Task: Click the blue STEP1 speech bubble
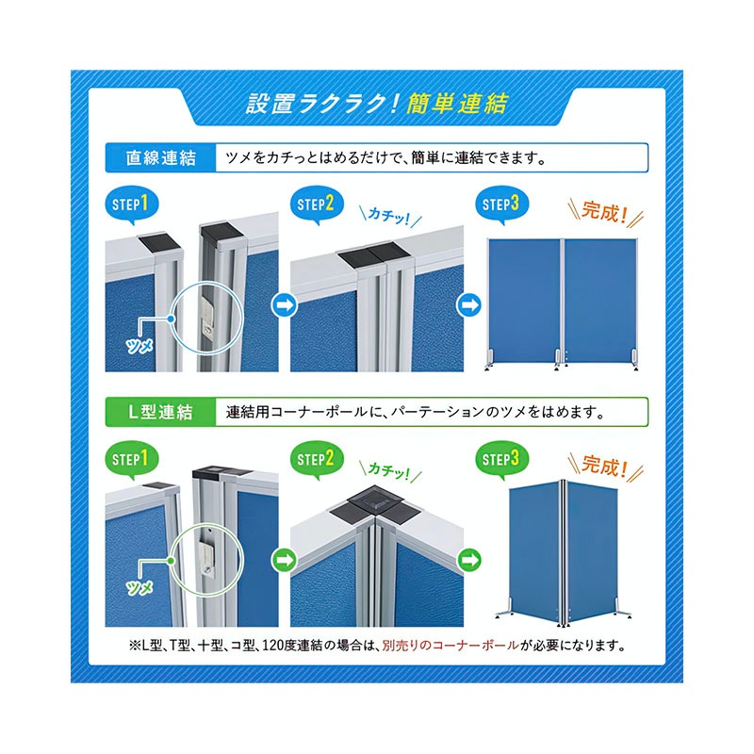130,205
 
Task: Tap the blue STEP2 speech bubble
316,205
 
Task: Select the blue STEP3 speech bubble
501,205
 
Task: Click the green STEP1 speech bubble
130,459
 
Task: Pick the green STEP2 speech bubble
316,459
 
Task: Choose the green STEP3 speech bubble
501,459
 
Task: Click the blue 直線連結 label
160,157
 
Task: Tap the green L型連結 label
160,412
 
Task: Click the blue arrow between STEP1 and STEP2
285,304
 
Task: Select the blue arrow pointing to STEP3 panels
468,304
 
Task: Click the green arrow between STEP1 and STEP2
285,560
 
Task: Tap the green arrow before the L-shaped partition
468,560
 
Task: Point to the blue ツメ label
139,345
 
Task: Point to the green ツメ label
139,587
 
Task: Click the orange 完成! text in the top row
605,212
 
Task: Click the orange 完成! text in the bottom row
605,467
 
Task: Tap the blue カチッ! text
389,216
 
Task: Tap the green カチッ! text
389,470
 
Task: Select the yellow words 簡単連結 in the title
457,104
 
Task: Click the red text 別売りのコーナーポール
451,646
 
